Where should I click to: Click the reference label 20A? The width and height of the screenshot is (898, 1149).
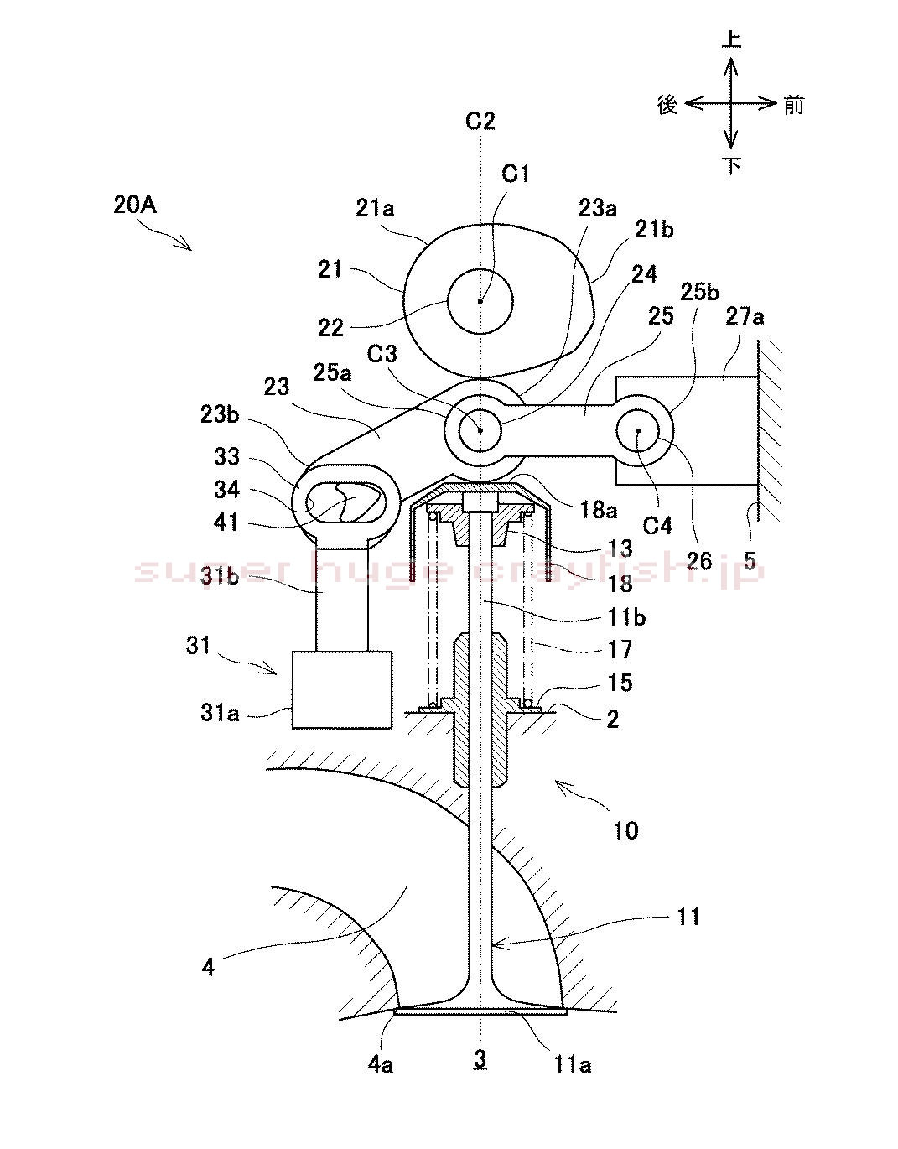[134, 205]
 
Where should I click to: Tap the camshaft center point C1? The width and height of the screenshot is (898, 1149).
[480, 300]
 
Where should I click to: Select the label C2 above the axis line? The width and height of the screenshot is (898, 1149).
[480, 122]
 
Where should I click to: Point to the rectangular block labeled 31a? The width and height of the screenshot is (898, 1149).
[342, 689]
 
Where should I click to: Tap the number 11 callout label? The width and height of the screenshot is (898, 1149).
[688, 916]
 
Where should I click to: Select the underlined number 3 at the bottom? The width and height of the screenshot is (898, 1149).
[480, 1059]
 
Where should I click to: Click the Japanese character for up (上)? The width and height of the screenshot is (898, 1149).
[732, 39]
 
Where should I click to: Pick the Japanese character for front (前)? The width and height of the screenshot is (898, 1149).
[793, 104]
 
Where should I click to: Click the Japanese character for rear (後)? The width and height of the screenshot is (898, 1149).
[667, 104]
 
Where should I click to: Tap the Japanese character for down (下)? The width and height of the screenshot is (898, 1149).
[732, 165]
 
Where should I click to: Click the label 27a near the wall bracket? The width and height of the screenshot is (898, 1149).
[745, 317]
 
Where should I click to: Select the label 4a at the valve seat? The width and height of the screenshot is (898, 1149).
[380, 1064]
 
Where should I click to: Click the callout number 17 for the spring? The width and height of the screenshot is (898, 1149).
[620, 648]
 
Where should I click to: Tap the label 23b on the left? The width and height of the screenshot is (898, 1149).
[220, 415]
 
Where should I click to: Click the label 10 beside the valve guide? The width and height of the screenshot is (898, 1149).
[625, 830]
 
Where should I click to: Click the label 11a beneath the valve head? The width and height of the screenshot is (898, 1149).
[573, 1064]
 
